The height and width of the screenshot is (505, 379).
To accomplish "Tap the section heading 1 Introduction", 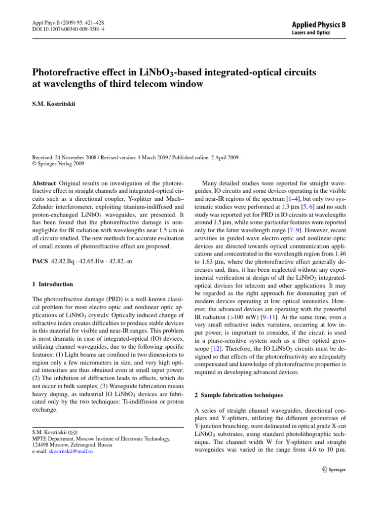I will click(52, 284).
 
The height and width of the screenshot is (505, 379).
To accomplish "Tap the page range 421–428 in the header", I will click(92, 22).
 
